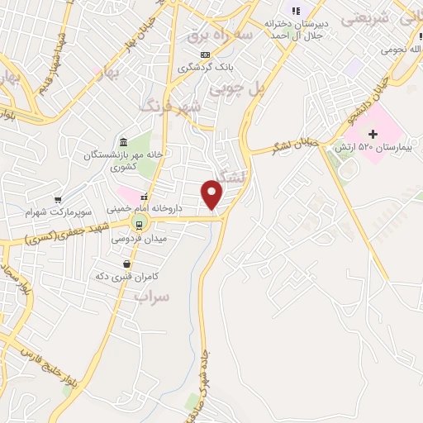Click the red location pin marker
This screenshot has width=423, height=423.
[x=213, y=195]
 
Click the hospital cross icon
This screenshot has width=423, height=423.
[x=373, y=133]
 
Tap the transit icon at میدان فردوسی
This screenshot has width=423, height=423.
[x=139, y=224]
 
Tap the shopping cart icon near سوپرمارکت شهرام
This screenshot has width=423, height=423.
[x=58, y=199]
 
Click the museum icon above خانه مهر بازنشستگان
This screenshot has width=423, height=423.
[x=123, y=142]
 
